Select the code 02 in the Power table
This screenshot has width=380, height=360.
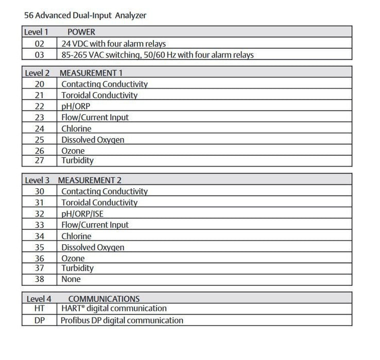point(40,43)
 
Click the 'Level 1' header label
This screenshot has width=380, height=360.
point(38,32)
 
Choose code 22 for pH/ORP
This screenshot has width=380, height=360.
point(40,106)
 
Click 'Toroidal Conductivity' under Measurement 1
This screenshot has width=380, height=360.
point(99,95)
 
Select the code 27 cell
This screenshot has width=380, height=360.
point(40,160)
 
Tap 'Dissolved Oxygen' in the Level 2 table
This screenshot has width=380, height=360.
point(93,139)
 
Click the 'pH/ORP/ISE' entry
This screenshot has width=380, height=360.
point(86,213)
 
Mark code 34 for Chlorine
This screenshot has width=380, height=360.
point(40,236)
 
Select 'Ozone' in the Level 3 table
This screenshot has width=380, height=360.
point(73,258)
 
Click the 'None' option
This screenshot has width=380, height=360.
point(71,279)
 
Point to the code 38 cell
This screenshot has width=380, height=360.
point(40,279)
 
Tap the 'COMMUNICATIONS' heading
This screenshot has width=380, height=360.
point(103,298)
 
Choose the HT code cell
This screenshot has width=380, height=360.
point(40,309)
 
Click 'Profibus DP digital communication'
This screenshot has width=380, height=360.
point(122,320)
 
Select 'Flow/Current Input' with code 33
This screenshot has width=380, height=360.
point(95,225)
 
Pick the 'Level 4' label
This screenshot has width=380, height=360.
point(38,298)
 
